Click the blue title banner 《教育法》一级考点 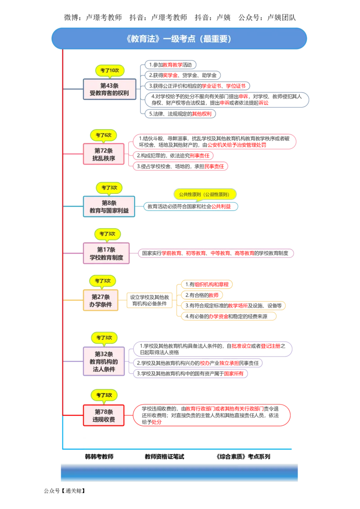click(x=179, y=39)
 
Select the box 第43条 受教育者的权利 click(x=109, y=89)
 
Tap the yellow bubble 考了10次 click(x=110, y=71)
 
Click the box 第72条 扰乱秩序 click(x=103, y=154)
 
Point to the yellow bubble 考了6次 click(x=103, y=135)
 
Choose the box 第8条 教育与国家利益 click(x=109, y=206)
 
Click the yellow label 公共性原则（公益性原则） click(x=204, y=194)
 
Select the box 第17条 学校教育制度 click(x=106, y=253)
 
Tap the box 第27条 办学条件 click(x=101, y=300)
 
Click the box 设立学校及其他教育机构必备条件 click(x=149, y=300)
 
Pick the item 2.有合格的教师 click(x=202, y=295)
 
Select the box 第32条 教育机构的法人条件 click(x=103, y=362)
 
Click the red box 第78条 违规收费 click(x=103, y=415)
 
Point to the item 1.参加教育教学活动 click(x=171, y=65)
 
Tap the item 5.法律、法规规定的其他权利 click(x=180, y=114)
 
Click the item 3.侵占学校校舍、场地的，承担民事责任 click(x=180, y=166)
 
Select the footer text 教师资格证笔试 click(x=164, y=456)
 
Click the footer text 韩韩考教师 click(x=99, y=456)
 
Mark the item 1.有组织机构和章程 click(x=207, y=284)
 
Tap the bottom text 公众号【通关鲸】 click(x=64, y=491)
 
